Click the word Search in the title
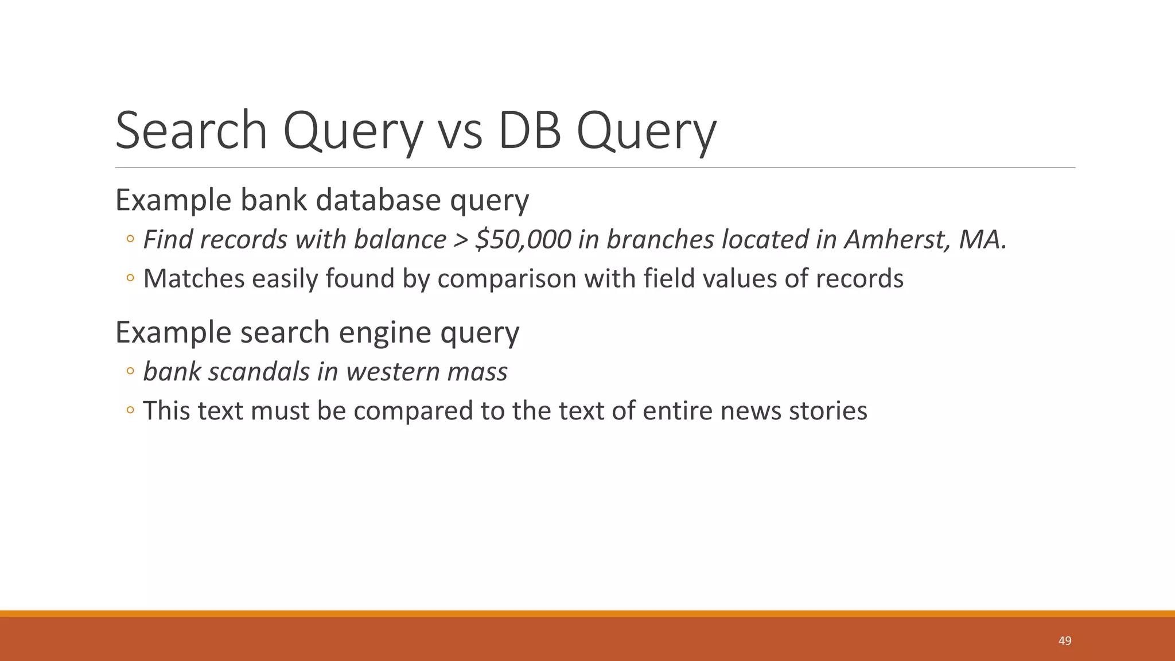pos(191,131)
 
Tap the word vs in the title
pos(460,131)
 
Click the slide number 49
pos(1065,641)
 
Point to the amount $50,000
pos(523,240)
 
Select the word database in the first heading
pos(378,200)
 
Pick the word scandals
pos(259,372)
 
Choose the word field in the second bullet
pos(668,279)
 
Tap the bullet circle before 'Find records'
pos(130,239)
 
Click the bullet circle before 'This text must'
pos(130,410)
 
